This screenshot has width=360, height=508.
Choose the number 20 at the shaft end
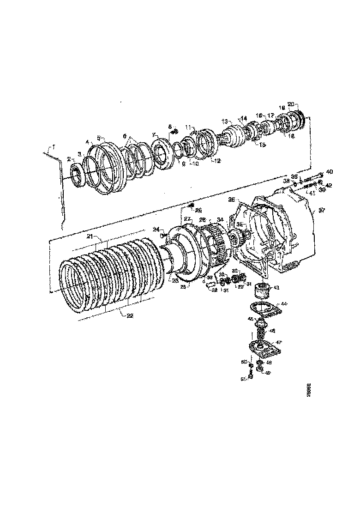click(x=290, y=103)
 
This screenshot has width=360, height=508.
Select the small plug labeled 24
click(x=163, y=235)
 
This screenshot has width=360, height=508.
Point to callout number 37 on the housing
click(x=322, y=210)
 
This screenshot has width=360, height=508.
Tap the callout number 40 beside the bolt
click(x=329, y=172)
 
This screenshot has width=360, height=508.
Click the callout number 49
click(x=268, y=373)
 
